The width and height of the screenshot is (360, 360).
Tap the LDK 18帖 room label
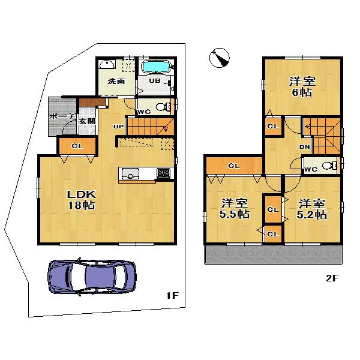coord(80,199)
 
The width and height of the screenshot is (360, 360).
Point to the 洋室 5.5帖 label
coord(235,208)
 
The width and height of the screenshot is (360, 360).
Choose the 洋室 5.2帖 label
coord(312,208)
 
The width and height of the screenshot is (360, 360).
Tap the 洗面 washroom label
coord(116,82)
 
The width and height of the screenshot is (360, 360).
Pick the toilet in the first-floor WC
coord(162,107)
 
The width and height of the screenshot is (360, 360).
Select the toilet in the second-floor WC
coord(328,165)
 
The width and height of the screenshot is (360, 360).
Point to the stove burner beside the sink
coord(163,173)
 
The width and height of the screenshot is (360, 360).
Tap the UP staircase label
coord(119,127)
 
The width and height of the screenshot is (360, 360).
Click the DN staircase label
coord(304,146)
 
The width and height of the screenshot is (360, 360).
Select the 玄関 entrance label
coord(87,121)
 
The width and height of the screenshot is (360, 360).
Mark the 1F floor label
coord(172,296)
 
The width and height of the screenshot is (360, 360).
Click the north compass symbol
coord(220,59)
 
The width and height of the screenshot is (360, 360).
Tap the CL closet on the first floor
coord(76,146)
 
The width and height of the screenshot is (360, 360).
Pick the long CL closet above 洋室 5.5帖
coord(233,165)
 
